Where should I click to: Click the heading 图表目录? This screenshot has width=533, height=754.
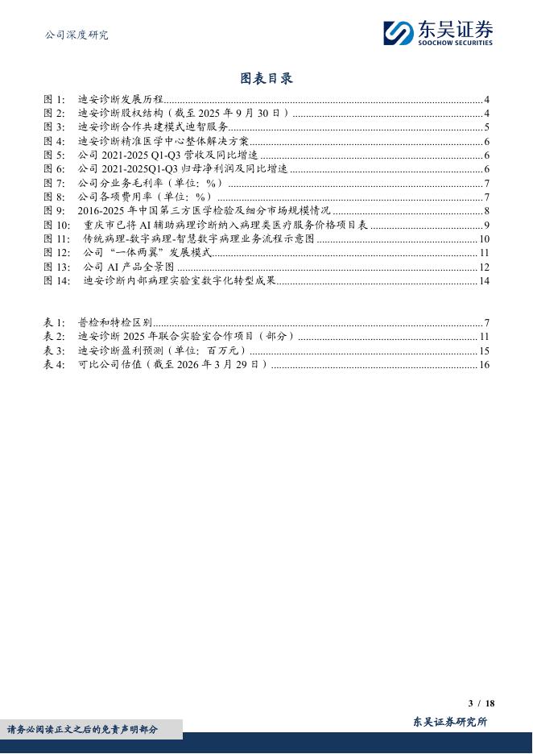(x=266, y=78)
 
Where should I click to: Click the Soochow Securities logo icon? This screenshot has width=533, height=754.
(x=398, y=33)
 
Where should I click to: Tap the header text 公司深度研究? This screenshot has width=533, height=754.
(x=76, y=35)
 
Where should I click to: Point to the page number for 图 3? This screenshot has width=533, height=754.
(x=487, y=127)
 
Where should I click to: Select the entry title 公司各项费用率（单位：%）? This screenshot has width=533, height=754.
(x=145, y=197)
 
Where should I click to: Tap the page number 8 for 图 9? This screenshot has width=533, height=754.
(x=487, y=210)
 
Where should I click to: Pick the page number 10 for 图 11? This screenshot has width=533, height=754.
(x=485, y=238)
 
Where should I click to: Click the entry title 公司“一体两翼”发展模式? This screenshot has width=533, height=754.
(x=147, y=252)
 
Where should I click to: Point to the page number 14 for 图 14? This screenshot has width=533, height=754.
(x=485, y=280)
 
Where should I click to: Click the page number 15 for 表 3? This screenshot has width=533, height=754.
(x=485, y=350)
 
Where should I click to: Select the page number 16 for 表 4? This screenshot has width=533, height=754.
(x=485, y=364)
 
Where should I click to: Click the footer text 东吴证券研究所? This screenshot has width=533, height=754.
(x=449, y=722)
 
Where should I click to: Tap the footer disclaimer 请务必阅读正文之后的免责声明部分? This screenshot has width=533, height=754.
(x=84, y=730)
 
